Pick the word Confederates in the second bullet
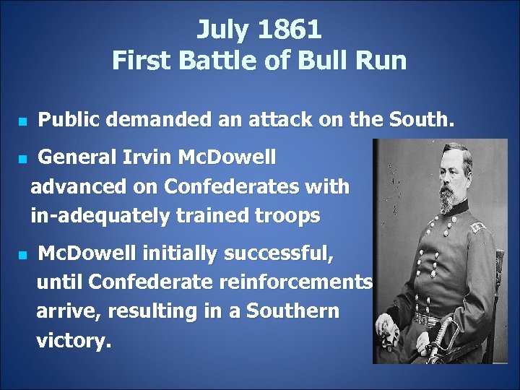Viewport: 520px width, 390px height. [239, 186]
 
